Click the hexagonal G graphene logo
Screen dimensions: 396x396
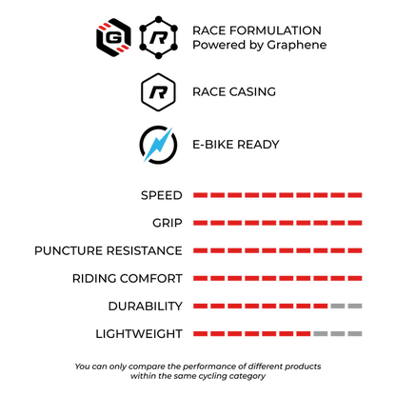[113, 38]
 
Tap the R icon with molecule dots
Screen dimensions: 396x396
[158, 38]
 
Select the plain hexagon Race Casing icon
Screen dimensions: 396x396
[158, 92]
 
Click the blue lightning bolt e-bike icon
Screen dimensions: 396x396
[158, 145]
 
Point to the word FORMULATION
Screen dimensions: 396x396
[275, 30]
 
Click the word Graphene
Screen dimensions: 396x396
[296, 45]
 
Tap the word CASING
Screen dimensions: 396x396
[252, 91]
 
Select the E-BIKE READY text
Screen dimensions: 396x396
[236, 145]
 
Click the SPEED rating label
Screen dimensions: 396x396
[162, 195]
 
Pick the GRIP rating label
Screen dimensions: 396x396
[168, 223]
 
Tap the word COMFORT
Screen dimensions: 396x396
[151, 278]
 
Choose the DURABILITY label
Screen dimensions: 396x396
[146, 307]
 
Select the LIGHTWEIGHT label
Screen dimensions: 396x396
[139, 334]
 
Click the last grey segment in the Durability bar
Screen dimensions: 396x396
[355, 307]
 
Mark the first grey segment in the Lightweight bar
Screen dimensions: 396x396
[321, 334]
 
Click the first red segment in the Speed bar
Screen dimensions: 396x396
[201, 195]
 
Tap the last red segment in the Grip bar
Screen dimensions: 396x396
[355, 223]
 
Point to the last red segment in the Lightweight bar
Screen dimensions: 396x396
[304, 334]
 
